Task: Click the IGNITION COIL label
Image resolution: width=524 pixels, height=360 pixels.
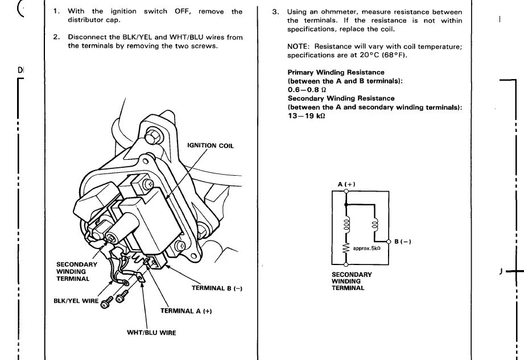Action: point(210,146)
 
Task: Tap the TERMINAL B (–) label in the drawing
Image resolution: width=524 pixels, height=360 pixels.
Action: point(217,288)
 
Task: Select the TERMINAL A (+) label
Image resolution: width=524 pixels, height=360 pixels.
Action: point(186,311)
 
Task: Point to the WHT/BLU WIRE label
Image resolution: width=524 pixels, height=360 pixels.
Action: point(151,333)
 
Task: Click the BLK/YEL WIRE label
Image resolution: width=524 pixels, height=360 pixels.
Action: point(76,300)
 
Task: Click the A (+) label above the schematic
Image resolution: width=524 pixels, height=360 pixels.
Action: point(346,184)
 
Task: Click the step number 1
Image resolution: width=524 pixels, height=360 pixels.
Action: point(56,11)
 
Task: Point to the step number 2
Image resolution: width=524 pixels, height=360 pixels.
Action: point(56,38)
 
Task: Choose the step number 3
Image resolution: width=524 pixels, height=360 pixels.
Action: point(275,12)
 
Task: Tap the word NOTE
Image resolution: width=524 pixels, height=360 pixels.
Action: point(298,47)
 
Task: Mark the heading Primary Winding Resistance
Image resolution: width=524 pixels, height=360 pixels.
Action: point(328,73)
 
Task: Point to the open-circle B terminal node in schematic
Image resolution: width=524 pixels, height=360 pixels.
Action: point(389,242)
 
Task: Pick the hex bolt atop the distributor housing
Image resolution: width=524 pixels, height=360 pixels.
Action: point(153,136)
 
